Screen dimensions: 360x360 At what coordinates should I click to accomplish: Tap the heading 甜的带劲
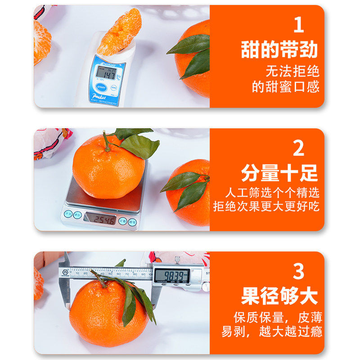[x=279, y=49]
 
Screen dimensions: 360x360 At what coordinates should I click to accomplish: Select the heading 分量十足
[x=279, y=173]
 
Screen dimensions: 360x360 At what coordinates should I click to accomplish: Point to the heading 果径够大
[x=279, y=296]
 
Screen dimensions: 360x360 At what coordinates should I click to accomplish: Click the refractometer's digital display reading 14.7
[x=107, y=72]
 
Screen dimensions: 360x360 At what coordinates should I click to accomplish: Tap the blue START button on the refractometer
[x=101, y=87]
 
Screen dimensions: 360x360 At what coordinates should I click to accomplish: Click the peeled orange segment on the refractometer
[x=120, y=32]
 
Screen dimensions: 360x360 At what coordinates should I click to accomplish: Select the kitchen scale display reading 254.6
[x=100, y=218]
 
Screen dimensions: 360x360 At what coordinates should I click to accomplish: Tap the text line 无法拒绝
[x=292, y=71]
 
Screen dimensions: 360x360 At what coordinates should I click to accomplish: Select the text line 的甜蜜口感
[x=286, y=87]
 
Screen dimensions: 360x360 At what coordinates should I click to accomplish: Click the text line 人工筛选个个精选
[x=273, y=193]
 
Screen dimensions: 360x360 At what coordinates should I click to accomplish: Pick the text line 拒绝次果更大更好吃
[x=266, y=207]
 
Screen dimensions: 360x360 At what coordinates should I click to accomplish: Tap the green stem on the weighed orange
[x=106, y=141]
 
